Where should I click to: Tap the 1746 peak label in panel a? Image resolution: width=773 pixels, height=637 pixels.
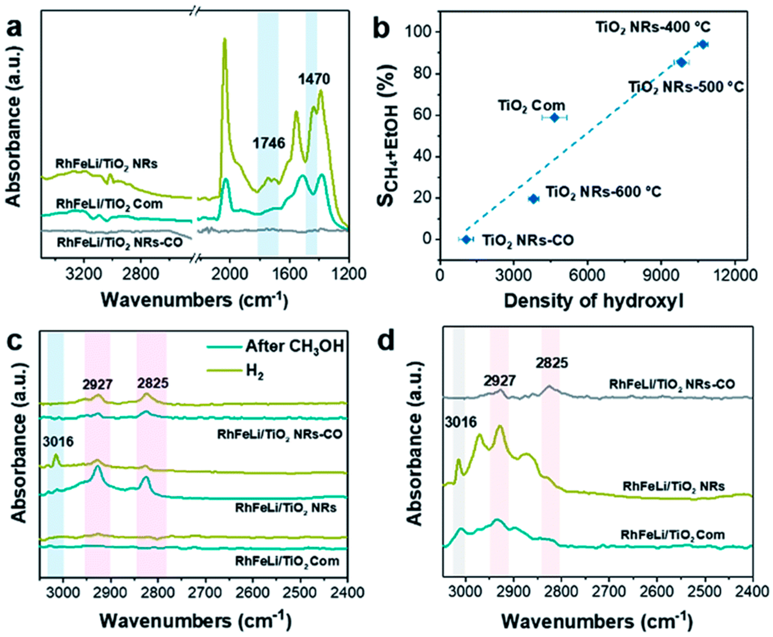point(269,143)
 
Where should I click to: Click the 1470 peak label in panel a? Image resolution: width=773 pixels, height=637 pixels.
point(314,78)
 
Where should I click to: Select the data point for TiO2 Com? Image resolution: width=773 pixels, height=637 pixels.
point(554,118)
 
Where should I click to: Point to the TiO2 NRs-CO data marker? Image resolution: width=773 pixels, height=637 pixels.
point(466,239)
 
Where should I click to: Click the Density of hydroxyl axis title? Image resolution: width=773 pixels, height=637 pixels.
point(593,301)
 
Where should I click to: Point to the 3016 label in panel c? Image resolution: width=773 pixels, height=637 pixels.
point(58,441)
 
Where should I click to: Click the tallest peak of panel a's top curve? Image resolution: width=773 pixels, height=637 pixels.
point(225,40)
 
